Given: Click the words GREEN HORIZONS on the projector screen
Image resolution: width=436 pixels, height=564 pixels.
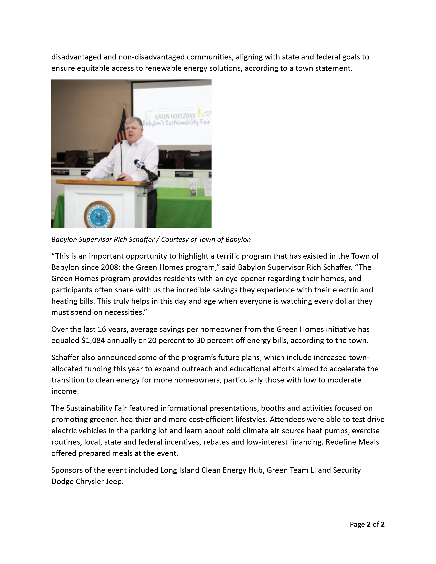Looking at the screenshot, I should (175, 116).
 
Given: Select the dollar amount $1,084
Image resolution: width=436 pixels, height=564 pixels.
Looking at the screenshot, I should (93, 341).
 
